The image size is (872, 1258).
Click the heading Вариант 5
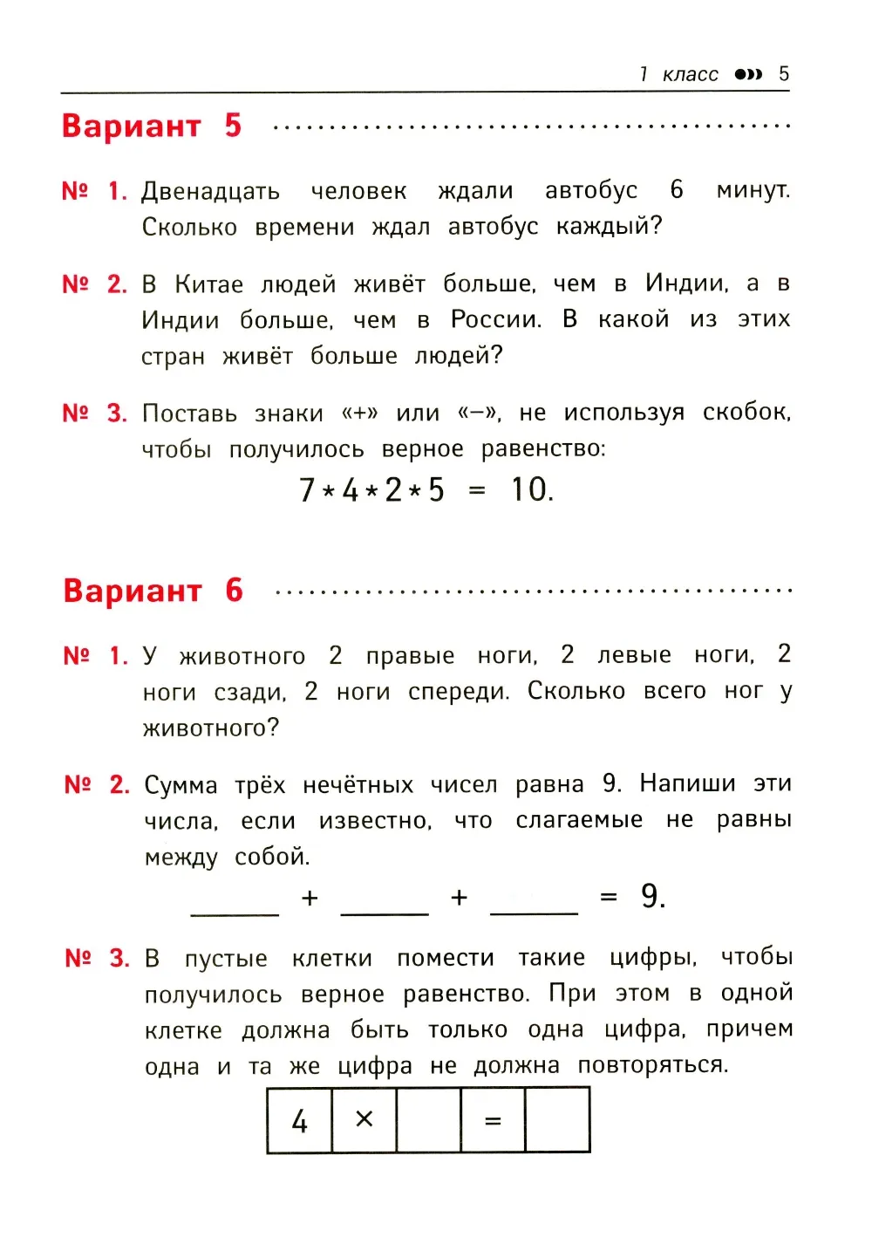(151, 126)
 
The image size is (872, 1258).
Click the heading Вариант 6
(153, 591)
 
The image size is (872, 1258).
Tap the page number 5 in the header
(783, 73)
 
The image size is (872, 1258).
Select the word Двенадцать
(210, 191)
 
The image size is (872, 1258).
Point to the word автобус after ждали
(591, 190)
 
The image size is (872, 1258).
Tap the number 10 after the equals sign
(531, 489)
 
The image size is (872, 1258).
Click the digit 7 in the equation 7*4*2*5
(307, 490)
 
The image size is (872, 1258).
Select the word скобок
(746, 412)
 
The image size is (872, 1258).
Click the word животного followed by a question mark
(210, 728)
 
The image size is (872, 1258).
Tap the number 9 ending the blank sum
(652, 896)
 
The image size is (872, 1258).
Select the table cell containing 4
(299, 1120)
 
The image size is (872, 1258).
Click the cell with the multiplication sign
(364, 1120)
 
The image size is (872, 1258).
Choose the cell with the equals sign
(493, 1120)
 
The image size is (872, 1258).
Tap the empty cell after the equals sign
(557, 1120)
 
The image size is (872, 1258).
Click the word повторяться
(652, 1065)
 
